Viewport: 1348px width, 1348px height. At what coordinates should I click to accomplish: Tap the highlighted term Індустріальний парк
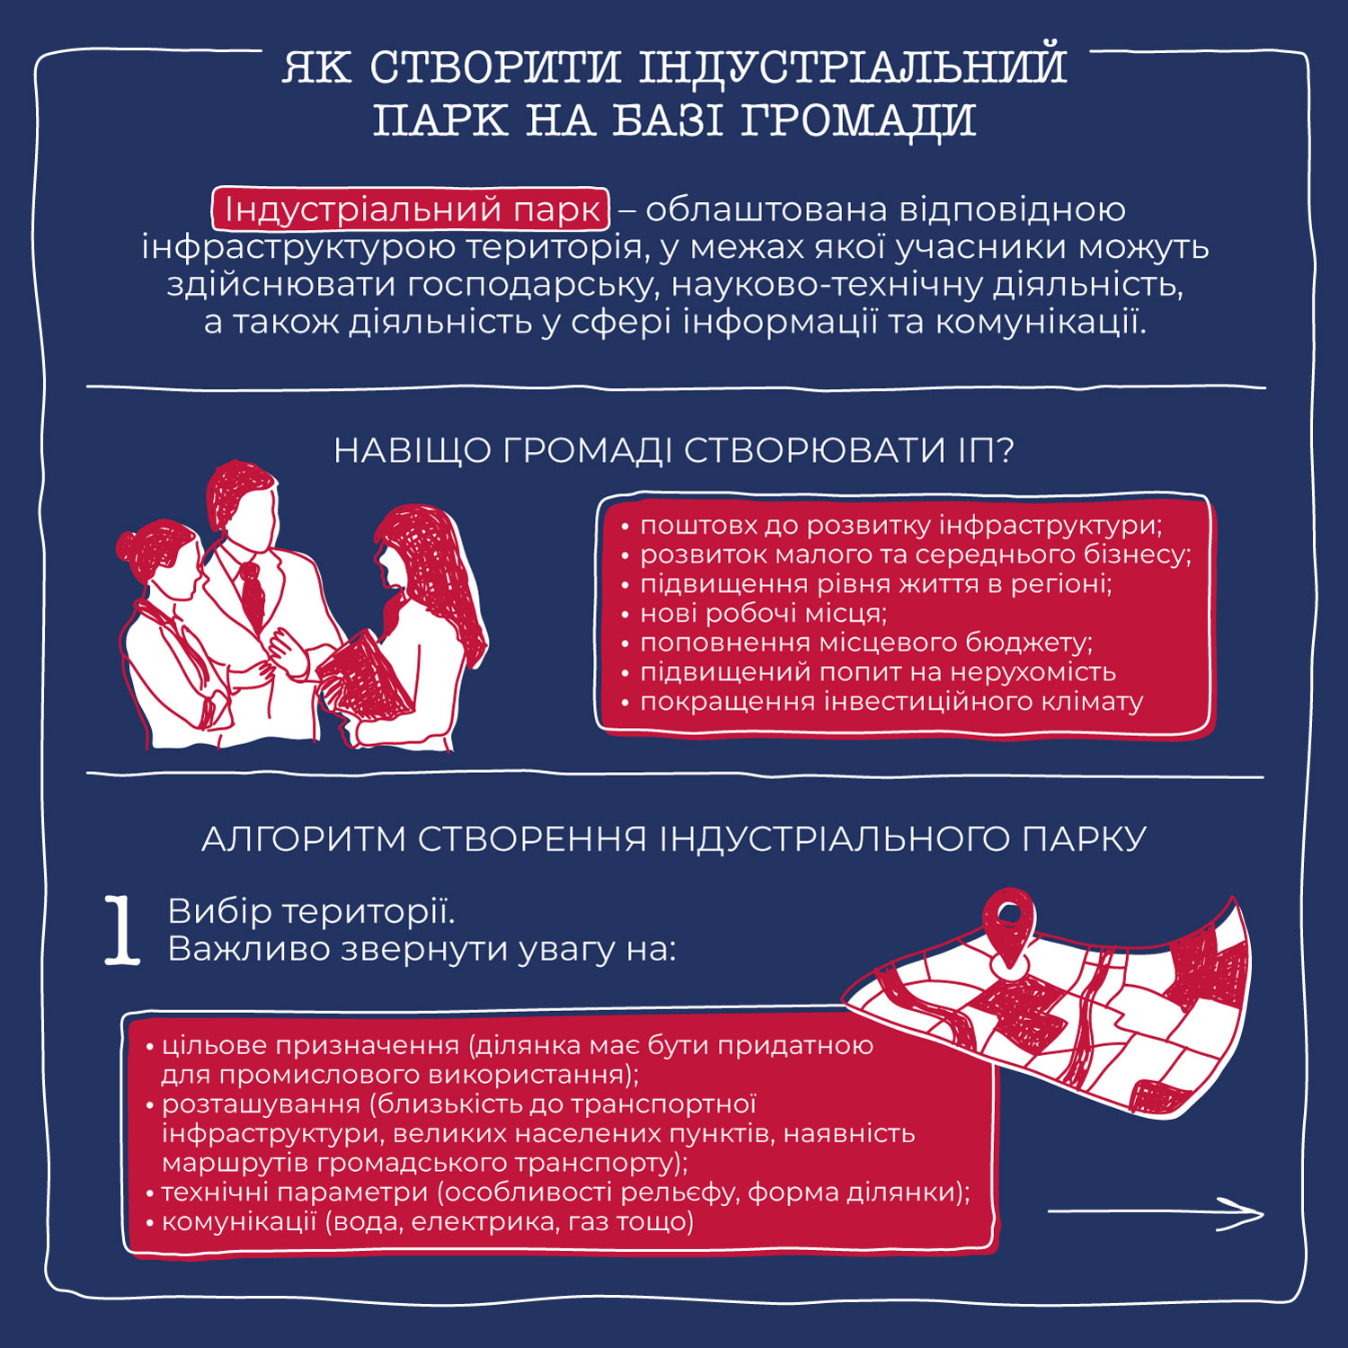pyautogui.click(x=412, y=208)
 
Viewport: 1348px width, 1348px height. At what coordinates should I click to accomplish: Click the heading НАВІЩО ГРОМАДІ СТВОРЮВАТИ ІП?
pyautogui.click(x=674, y=450)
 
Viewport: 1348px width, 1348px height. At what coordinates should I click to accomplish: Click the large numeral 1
pyautogui.click(x=122, y=930)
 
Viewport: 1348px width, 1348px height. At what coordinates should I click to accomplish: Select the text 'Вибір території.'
pyautogui.click(x=311, y=911)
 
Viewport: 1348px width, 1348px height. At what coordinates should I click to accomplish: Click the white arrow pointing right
pyautogui.click(x=1156, y=1213)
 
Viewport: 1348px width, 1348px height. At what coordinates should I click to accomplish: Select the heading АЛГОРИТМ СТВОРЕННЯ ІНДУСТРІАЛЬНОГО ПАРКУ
pyautogui.click(x=674, y=838)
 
